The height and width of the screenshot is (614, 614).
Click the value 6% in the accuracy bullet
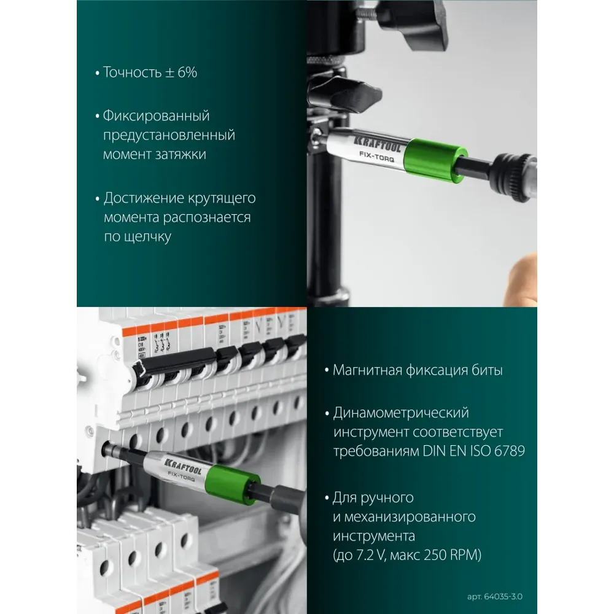[187, 72]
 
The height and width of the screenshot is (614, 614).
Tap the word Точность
[132, 72]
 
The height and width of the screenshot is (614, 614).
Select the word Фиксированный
[156, 116]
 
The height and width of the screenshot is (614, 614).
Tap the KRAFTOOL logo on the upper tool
[378, 144]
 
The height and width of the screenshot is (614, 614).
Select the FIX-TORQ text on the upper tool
[377, 157]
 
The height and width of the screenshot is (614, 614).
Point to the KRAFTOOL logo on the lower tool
[183, 465]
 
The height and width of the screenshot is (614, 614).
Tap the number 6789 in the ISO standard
[510, 451]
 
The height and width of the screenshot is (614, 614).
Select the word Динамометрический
[401, 413]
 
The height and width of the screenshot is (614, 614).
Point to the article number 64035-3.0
[503, 596]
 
